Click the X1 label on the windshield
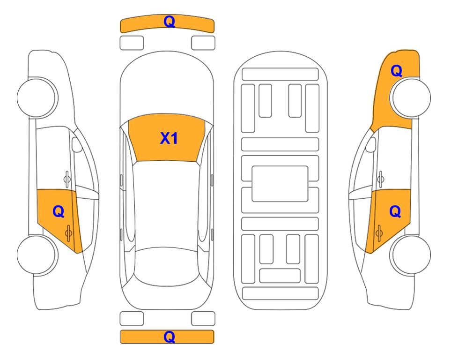tap(169, 138)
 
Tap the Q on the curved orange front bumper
tap(170, 22)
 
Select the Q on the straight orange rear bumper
tap(170, 337)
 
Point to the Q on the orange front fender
tap(396, 71)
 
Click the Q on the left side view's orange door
tap(59, 212)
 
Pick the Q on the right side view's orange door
tap(395, 212)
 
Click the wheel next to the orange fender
tap(410, 97)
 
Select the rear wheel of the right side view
tap(410, 255)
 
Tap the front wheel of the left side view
tap(37, 97)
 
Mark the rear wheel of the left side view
tap(37, 255)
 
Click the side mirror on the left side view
tap(76, 144)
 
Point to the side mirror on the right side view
tap(371, 144)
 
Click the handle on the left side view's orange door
tap(68, 233)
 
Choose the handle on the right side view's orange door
tap(379, 233)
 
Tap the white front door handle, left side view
tap(67, 179)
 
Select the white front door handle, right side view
tap(381, 179)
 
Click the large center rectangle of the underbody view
tap(280, 184)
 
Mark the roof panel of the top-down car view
tap(167, 205)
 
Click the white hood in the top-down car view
tap(167, 86)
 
